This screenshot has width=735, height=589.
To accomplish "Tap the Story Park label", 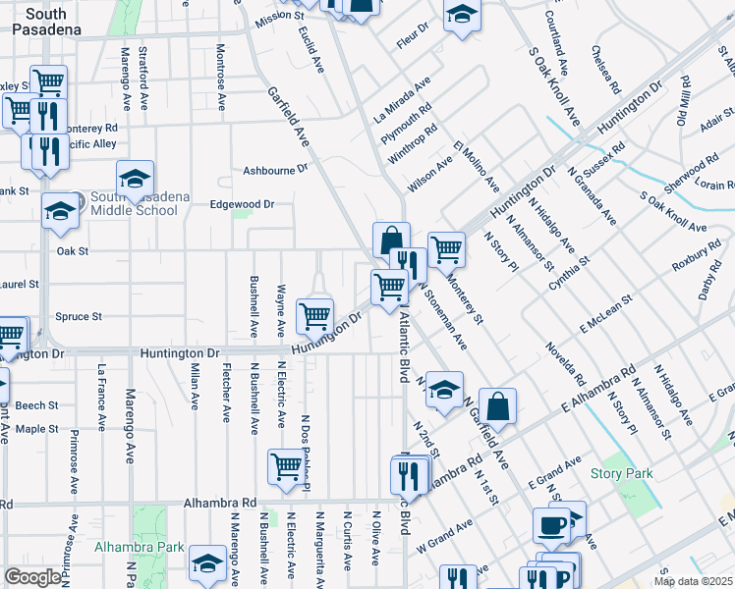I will (621, 473).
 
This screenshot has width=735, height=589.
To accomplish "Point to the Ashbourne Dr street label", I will (276, 170).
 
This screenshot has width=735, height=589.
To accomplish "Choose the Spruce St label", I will (79, 316).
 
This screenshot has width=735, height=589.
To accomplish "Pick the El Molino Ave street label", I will (477, 168).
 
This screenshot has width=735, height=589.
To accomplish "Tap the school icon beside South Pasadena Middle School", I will (136, 179).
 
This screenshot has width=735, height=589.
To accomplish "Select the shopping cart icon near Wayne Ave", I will (314, 315).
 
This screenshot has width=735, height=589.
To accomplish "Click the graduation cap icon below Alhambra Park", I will (207, 563).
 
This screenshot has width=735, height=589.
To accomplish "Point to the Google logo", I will (33, 577).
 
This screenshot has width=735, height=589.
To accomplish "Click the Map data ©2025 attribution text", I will (692, 581).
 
